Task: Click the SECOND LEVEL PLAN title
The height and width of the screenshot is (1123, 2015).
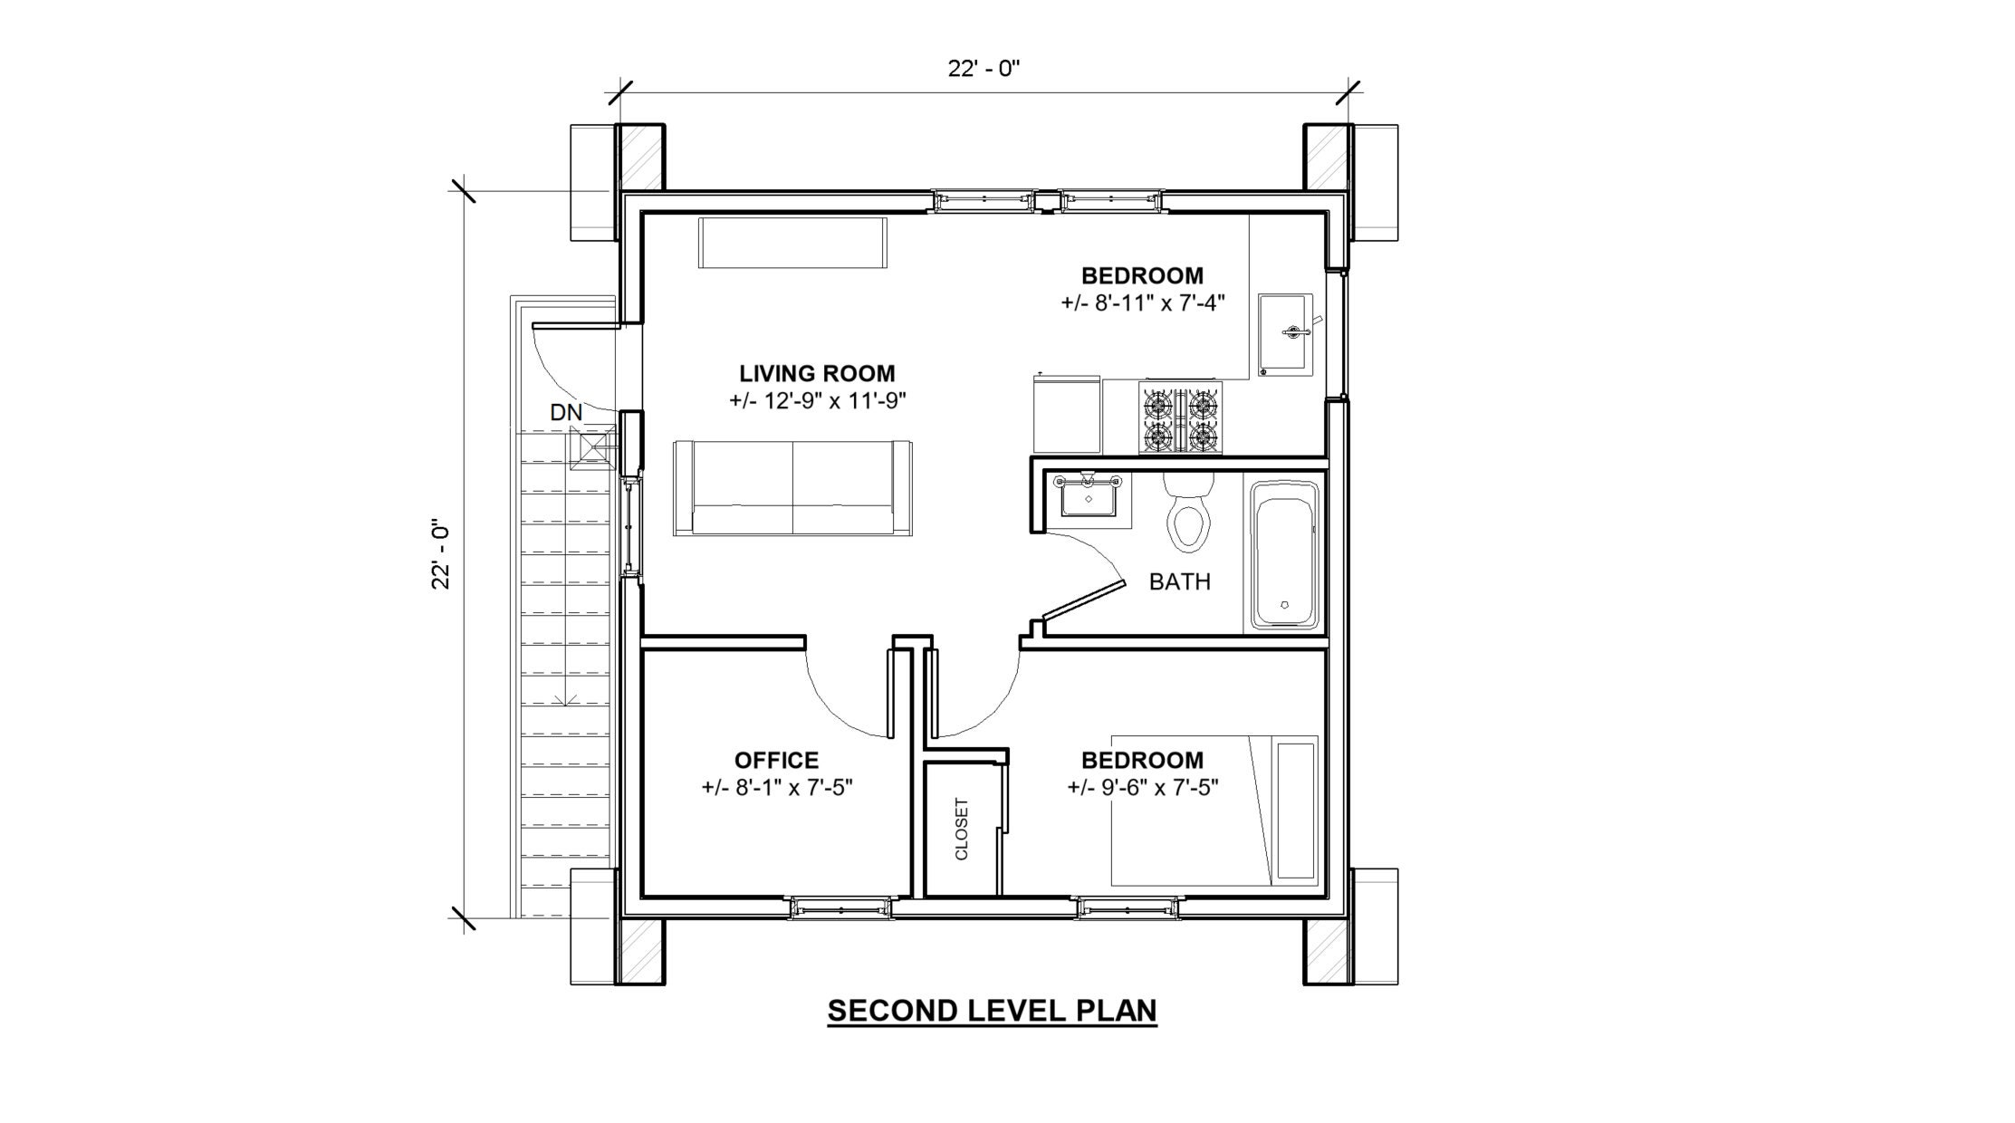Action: tap(992, 1010)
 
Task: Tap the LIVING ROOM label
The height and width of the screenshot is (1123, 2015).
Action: tap(817, 373)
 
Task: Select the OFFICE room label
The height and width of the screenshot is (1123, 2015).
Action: tap(776, 760)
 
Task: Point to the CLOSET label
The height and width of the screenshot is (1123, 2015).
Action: tap(962, 829)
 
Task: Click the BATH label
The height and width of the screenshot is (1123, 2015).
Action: tap(1179, 581)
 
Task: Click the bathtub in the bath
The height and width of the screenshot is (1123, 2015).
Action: tap(1284, 554)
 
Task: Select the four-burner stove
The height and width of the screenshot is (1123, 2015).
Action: tap(1179, 418)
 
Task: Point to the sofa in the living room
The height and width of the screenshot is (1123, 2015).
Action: tap(793, 489)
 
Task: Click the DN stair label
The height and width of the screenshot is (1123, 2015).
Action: tap(566, 413)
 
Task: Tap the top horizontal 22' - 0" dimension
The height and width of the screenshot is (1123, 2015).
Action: tap(984, 69)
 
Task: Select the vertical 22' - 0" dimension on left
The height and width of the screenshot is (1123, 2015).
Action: tap(441, 554)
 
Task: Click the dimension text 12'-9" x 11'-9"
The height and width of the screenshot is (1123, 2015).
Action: tap(818, 400)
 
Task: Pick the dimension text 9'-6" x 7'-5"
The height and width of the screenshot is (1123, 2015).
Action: tap(1142, 787)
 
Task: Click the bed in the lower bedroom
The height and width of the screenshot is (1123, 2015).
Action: tap(1214, 811)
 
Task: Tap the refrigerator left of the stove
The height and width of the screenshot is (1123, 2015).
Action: tap(1066, 417)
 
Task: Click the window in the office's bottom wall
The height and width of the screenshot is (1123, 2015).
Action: tap(840, 907)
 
